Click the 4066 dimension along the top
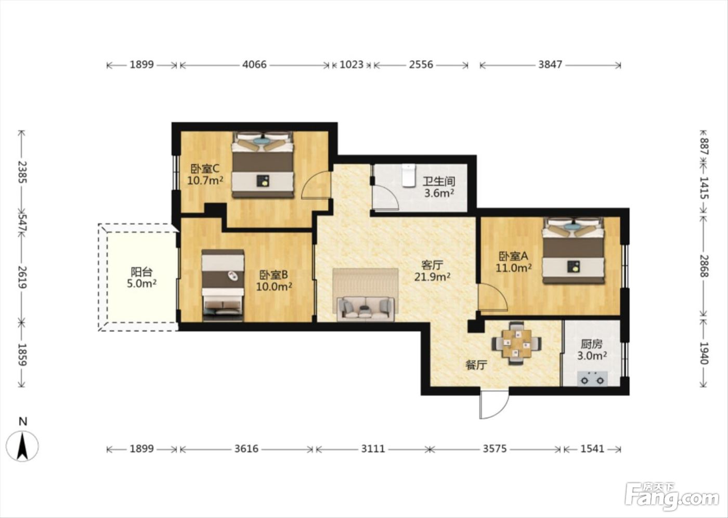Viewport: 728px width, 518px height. (x=254, y=64)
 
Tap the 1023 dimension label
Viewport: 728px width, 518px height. (x=352, y=64)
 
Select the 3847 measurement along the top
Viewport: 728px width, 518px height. (x=550, y=64)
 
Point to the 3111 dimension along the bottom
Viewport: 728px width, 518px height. (x=373, y=449)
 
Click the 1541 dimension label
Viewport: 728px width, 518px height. (x=592, y=449)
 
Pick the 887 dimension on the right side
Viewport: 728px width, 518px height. (x=704, y=146)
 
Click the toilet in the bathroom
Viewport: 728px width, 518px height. (x=409, y=175)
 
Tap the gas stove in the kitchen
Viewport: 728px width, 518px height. (x=592, y=379)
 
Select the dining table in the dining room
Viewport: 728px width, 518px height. (x=516, y=343)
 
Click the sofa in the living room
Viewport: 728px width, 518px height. (x=366, y=309)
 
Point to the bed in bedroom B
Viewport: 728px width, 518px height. (x=223, y=286)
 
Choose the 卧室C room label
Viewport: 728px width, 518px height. (x=205, y=169)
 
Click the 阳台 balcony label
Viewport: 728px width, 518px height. (x=141, y=271)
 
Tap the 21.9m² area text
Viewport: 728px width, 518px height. (x=432, y=277)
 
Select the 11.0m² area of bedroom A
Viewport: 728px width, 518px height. (x=514, y=268)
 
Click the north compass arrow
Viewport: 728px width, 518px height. (x=22, y=446)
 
